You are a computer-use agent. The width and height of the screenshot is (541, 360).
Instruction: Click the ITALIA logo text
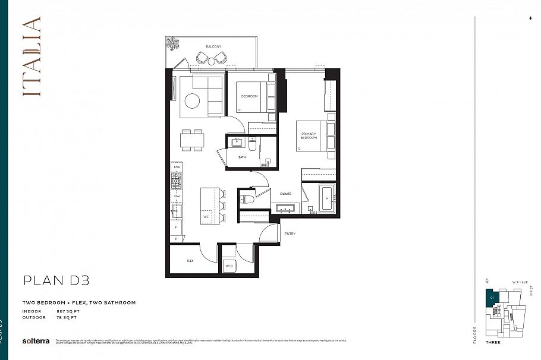(x=32, y=65)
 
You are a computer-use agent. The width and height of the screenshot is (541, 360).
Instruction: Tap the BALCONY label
(x=214, y=46)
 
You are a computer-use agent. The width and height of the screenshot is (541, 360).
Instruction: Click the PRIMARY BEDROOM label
(x=309, y=136)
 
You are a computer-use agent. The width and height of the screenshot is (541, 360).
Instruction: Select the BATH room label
(x=242, y=157)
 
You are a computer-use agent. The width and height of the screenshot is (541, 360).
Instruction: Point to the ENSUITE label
(x=285, y=193)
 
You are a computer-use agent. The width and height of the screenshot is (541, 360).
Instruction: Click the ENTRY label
(x=290, y=233)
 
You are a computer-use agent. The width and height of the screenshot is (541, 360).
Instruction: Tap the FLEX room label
(x=190, y=260)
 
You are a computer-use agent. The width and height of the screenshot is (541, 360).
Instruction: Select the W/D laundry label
(x=229, y=266)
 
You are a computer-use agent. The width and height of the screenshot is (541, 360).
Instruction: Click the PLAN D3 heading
(x=56, y=280)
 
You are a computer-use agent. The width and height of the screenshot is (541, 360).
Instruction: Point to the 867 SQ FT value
(x=68, y=311)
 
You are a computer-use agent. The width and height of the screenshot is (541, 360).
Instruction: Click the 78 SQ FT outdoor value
(x=67, y=317)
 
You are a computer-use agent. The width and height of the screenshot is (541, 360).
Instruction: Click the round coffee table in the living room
(x=192, y=102)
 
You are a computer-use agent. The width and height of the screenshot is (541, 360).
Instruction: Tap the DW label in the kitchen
(x=177, y=195)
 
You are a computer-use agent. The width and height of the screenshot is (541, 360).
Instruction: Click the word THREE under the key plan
(x=493, y=342)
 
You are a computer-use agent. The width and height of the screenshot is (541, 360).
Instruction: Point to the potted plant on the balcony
(x=174, y=43)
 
